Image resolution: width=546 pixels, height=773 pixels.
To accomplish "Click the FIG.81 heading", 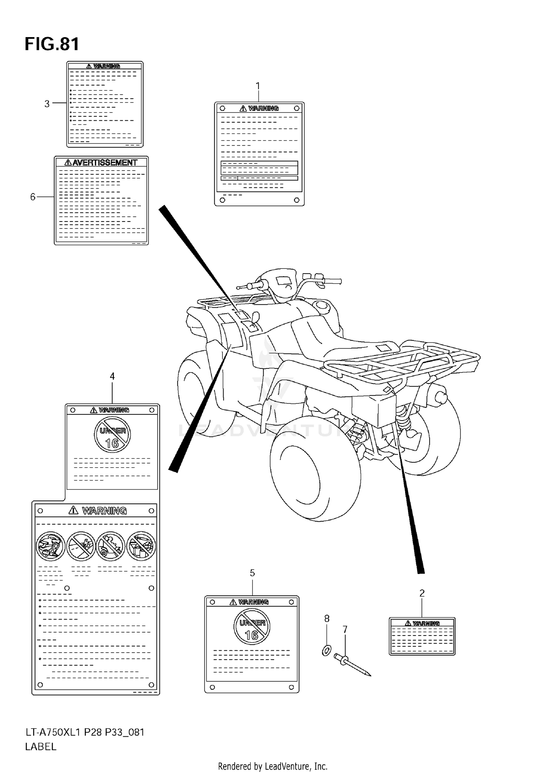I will pyautogui.click(x=52, y=44).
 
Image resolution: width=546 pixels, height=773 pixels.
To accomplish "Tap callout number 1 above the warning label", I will pyautogui.click(x=258, y=86).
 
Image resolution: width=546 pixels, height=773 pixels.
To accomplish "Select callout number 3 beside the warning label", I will pyautogui.click(x=47, y=104).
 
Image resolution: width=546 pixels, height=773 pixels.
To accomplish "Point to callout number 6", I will pyautogui.click(x=33, y=197).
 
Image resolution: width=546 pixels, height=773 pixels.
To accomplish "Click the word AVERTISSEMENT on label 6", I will pyautogui.click(x=105, y=163).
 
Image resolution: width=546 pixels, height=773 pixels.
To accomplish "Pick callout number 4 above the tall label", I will pyautogui.click(x=112, y=376).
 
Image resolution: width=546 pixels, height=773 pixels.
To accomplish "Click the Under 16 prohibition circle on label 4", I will pyautogui.click(x=112, y=434).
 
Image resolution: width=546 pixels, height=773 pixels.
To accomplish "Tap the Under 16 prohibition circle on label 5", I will pyautogui.click(x=252, y=626).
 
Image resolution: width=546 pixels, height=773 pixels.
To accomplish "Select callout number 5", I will pyautogui.click(x=252, y=573).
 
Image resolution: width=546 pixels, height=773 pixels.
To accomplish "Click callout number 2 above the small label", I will pyautogui.click(x=422, y=594).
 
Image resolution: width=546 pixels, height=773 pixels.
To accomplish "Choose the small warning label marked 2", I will pyautogui.click(x=422, y=636).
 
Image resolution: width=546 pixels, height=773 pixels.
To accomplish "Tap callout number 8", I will pyautogui.click(x=327, y=618).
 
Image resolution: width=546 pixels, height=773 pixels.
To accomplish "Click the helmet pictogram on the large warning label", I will pyautogui.click(x=51, y=546).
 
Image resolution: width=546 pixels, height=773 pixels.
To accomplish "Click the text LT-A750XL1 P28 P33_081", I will pyautogui.click(x=85, y=732).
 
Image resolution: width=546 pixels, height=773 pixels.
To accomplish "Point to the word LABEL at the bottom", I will pyautogui.click(x=41, y=746).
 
